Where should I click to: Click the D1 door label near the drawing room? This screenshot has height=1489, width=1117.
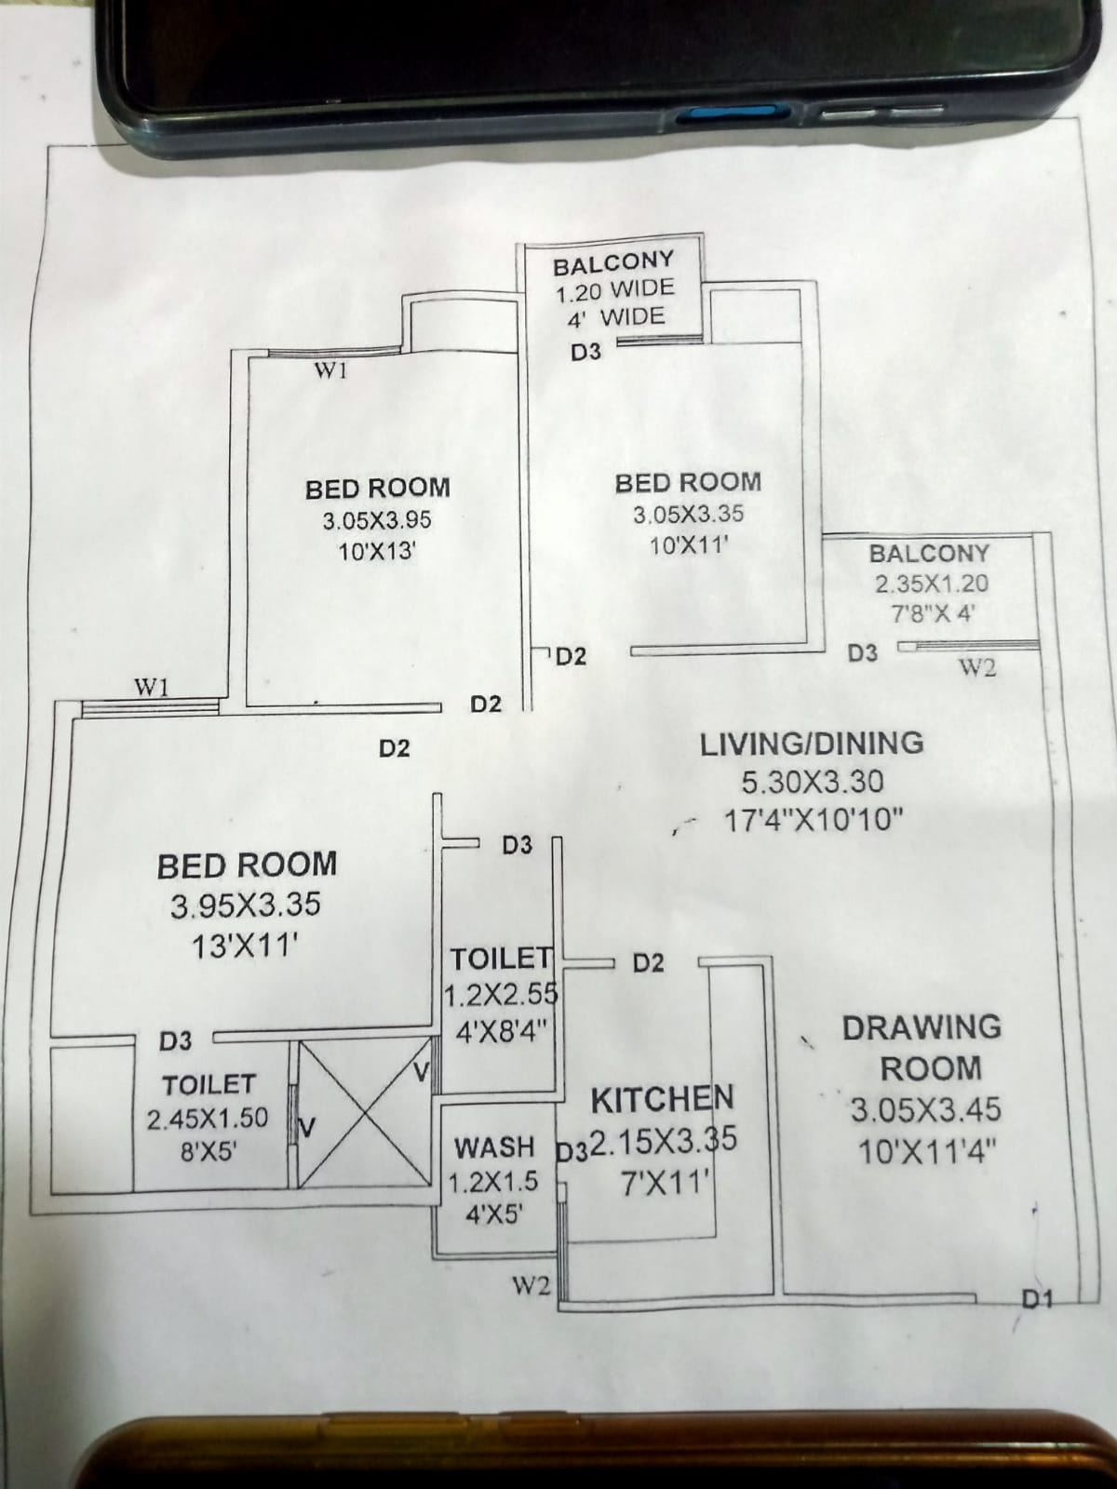1036,1298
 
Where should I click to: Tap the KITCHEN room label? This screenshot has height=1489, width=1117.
662,1100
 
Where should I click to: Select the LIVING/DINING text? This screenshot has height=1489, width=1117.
811,744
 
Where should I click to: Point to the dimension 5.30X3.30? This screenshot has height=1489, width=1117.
812,782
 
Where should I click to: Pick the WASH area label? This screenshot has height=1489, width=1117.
493,1147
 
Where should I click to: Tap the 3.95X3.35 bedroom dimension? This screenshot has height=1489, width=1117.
246,905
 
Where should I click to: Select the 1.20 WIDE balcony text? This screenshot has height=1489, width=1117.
613,292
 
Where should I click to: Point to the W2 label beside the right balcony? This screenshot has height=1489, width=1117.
976,667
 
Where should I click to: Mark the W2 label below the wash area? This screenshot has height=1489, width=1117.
531,1286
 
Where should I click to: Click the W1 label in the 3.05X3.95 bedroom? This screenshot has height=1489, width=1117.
331,371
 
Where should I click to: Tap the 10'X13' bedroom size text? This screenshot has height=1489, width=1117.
376,551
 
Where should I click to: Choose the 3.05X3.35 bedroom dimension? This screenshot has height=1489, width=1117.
688,514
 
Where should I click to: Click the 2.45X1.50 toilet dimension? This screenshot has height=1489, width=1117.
208,1119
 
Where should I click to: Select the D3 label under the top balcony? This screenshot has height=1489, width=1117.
585,352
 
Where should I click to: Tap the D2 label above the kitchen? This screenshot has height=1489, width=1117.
649,963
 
